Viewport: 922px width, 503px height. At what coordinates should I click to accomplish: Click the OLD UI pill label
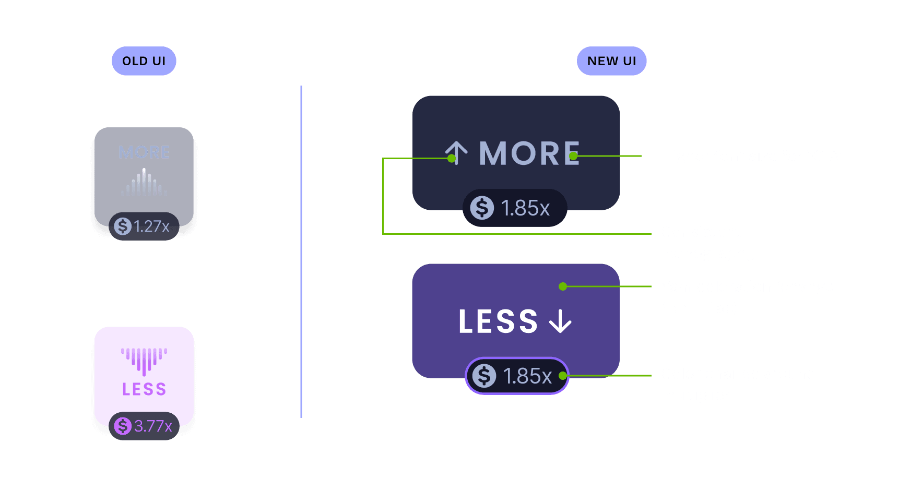click(x=144, y=61)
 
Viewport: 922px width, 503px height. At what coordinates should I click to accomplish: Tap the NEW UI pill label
click(x=611, y=61)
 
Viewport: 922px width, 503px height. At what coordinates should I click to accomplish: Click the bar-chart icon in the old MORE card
click(x=144, y=183)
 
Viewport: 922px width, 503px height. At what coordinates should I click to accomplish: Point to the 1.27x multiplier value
click(x=151, y=226)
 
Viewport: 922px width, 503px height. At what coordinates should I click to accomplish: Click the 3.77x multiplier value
click(x=153, y=426)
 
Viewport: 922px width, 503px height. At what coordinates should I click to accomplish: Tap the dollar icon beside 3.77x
click(x=123, y=426)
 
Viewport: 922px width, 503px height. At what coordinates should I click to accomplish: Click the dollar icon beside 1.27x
click(x=123, y=226)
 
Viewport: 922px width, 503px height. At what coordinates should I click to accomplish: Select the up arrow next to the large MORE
click(x=457, y=153)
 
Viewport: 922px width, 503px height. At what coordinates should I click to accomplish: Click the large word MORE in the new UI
click(x=529, y=153)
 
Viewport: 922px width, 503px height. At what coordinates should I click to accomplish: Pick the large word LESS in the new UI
click(x=498, y=321)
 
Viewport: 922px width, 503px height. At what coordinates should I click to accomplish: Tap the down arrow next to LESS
click(x=560, y=321)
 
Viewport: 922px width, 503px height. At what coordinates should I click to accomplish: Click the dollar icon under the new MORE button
click(x=482, y=208)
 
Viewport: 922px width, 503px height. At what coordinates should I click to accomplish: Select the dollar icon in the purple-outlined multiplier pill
click(x=484, y=376)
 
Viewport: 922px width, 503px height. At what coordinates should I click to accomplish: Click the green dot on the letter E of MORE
click(x=573, y=156)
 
